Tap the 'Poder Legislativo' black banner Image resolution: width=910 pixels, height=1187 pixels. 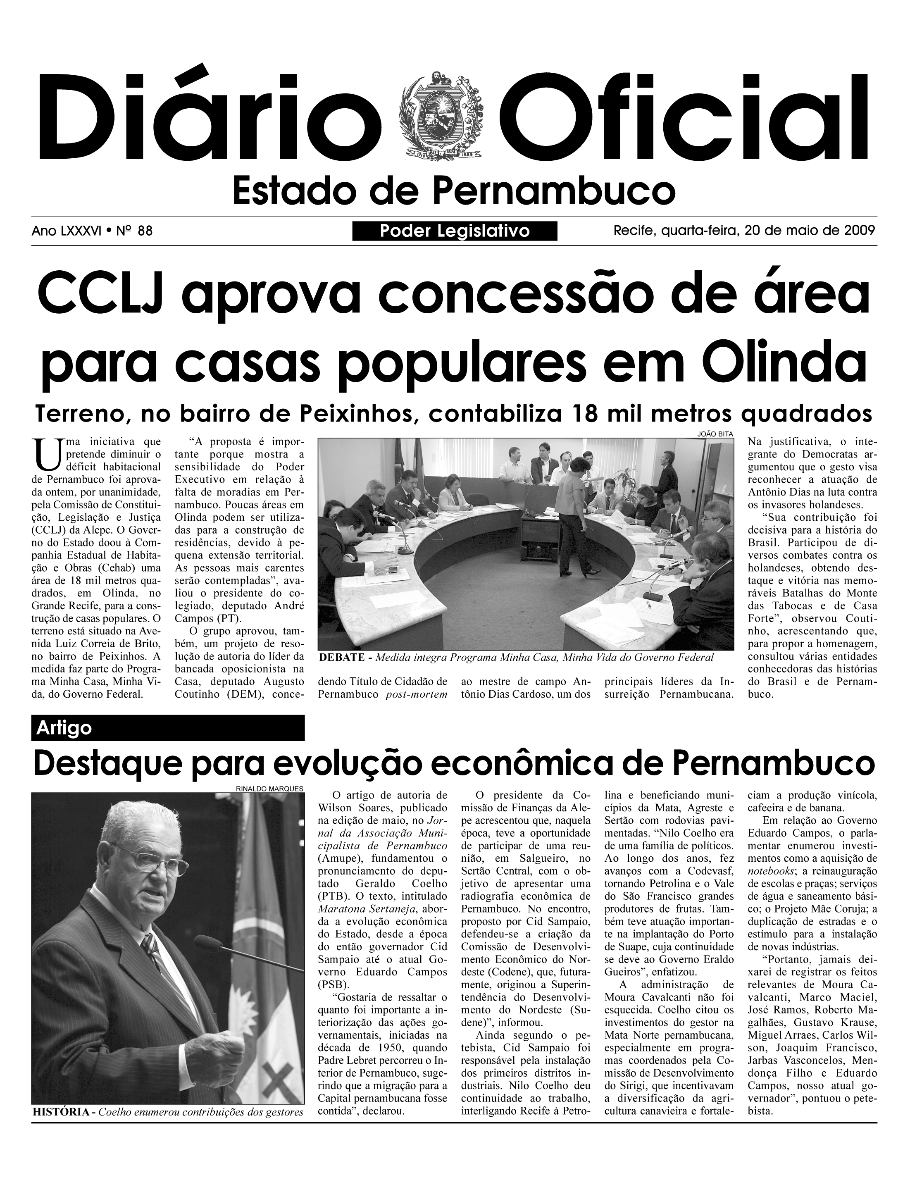[x=455, y=231]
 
